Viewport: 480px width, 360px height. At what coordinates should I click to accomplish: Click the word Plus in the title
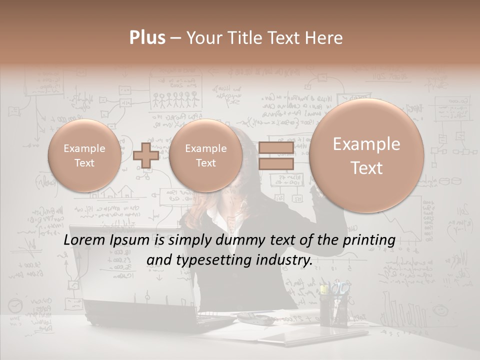coord(147,38)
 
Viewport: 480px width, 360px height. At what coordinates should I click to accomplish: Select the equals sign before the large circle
coord(276,155)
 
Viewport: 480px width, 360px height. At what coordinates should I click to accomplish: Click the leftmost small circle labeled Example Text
coord(84,155)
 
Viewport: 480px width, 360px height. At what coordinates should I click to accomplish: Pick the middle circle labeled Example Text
coord(205,155)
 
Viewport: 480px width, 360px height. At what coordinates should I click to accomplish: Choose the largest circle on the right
coord(366,155)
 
